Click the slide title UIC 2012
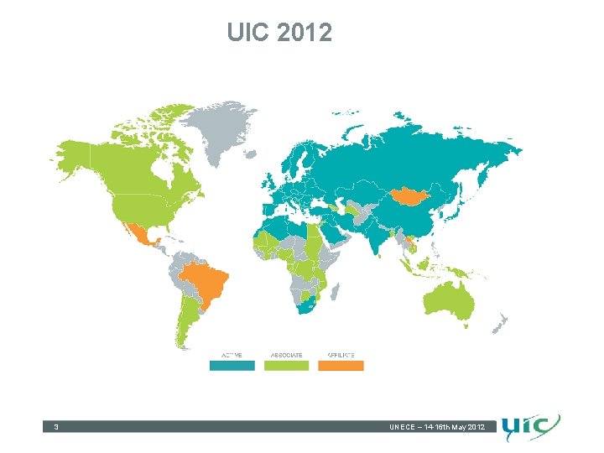point(279,33)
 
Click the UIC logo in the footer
point(530,428)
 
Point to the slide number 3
point(55,428)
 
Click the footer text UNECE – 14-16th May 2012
point(436,428)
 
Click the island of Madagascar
point(335,293)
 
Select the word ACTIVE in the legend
point(232,356)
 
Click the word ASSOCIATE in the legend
point(286,356)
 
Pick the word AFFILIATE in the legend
point(341,356)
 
